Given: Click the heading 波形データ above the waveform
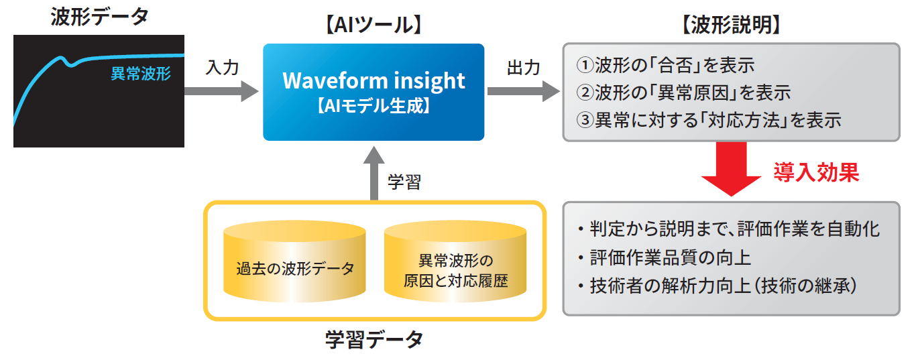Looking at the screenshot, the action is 99,17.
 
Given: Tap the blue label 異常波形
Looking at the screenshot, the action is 141,74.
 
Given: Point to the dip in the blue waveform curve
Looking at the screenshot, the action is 71,64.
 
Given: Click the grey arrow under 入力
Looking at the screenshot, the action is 221,91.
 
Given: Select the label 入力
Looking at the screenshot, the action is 222,68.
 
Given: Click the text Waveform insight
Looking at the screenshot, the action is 374,80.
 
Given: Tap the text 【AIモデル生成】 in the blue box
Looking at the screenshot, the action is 374,106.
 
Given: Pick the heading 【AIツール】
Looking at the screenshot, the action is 374,25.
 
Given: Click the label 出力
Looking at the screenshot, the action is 524,68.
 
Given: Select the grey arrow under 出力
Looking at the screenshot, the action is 524,91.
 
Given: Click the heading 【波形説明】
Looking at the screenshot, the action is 731,25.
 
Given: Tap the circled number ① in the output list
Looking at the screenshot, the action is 585,66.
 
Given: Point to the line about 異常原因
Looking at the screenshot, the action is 684,93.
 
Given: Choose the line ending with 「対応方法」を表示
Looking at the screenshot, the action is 709,120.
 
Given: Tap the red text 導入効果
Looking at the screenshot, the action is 816,172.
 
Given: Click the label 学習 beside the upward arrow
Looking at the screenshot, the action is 404,182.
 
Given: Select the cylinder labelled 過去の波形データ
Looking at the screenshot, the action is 294,261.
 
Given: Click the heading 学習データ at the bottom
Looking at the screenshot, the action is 374,340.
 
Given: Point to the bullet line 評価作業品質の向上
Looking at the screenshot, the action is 665,258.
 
